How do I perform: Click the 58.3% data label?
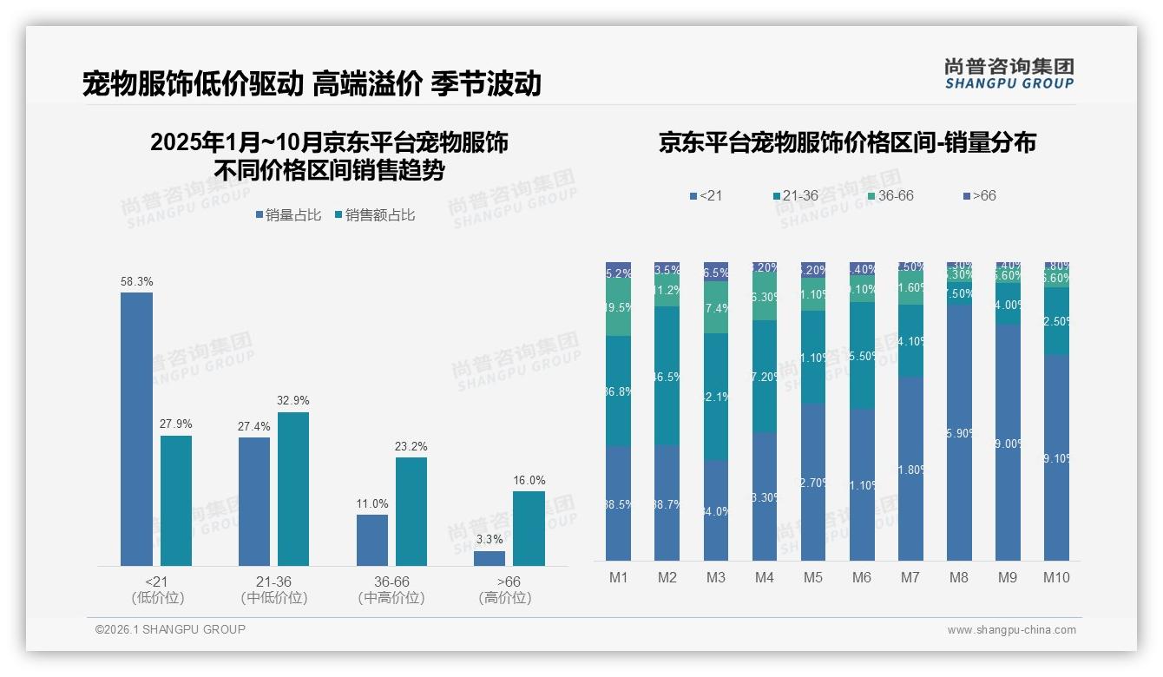point(136,282)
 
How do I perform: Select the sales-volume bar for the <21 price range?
point(136,430)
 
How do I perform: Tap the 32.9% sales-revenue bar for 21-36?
point(293,489)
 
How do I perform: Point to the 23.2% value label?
point(411,446)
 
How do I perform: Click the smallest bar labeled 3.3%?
point(490,558)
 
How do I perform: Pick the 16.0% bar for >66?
point(529,529)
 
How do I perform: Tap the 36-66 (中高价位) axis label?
point(391,589)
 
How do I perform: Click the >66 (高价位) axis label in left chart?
point(505,589)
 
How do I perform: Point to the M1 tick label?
point(618,577)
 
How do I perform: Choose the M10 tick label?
point(1055,577)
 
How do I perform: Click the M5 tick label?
point(812,577)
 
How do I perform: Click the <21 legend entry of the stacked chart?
point(706,196)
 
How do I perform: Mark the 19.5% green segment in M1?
point(618,307)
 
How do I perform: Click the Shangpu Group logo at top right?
point(1009,73)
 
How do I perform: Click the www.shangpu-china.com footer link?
point(1011,630)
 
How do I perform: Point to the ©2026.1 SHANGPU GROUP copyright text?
point(170,629)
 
